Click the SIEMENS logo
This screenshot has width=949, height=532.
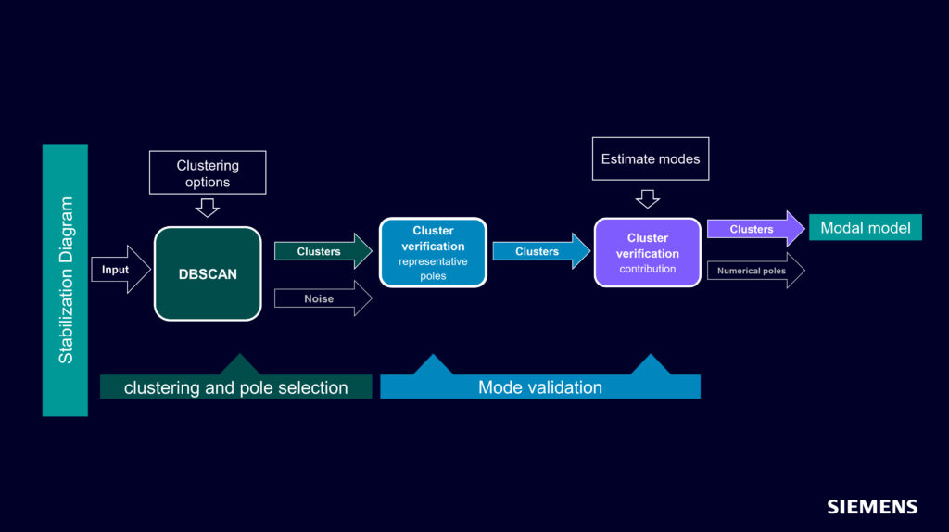pyautogui.click(x=872, y=507)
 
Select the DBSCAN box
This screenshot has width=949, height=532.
pyautogui.click(x=208, y=273)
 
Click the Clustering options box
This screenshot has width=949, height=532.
pyautogui.click(x=208, y=172)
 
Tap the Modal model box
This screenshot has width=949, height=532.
pyautogui.click(x=865, y=227)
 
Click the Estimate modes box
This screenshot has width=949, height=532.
pyautogui.click(x=651, y=159)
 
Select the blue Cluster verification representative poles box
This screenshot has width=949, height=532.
pyautogui.click(x=433, y=253)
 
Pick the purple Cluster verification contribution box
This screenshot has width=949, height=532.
pyautogui.click(x=647, y=253)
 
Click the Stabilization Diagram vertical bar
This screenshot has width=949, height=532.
pyautogui.click(x=65, y=279)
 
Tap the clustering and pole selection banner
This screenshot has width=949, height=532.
pyautogui.click(x=235, y=387)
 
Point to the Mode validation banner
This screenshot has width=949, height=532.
pyautogui.click(x=539, y=387)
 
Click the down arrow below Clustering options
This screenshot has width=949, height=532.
pyautogui.click(x=208, y=208)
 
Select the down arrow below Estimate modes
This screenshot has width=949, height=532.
pyautogui.click(x=648, y=198)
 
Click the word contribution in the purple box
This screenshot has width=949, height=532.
pyautogui.click(x=647, y=269)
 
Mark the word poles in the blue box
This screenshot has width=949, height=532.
pyautogui.click(x=433, y=276)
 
